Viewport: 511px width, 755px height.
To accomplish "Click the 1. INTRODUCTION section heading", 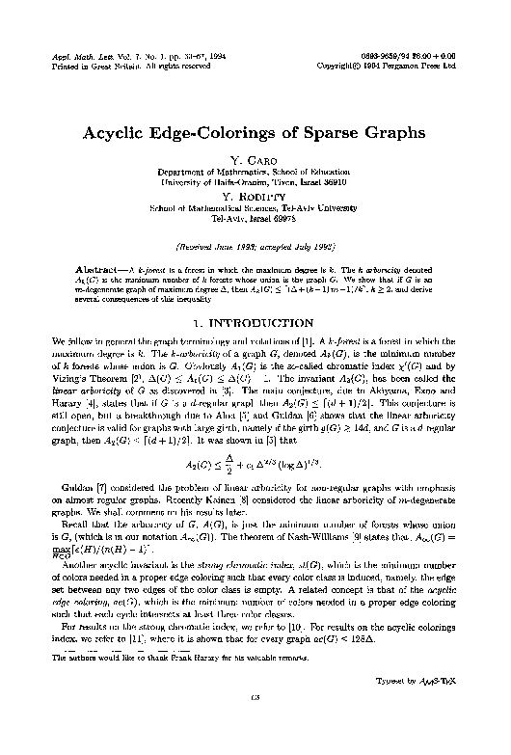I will (x=255, y=289).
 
